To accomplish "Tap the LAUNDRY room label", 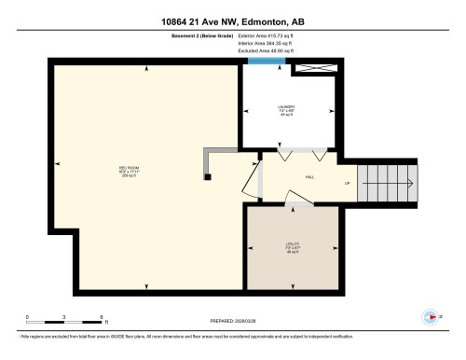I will point(286,112).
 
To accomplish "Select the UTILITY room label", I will point(291,249).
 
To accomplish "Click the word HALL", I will point(308,175).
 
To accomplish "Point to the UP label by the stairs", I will point(347,183).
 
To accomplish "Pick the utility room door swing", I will point(296,197).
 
